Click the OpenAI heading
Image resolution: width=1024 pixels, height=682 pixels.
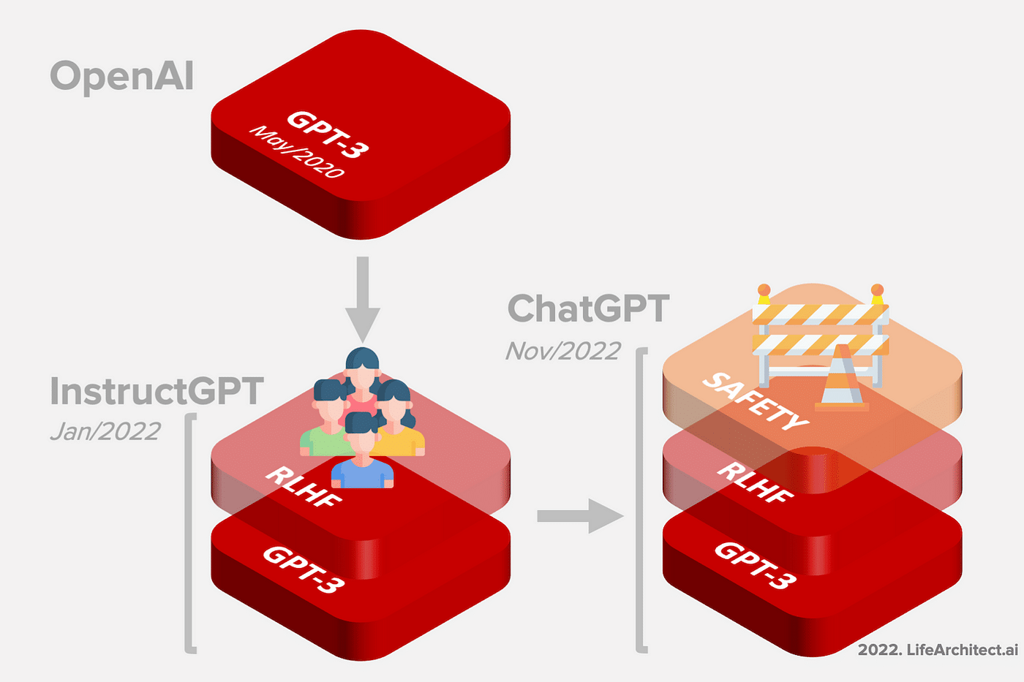coord(121,76)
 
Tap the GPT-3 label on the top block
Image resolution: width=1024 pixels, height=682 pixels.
coord(327,134)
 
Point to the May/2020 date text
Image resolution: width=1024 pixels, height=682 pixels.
coord(296,152)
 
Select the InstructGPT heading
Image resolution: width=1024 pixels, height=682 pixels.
coord(157,391)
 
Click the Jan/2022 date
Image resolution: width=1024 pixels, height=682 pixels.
coord(105,431)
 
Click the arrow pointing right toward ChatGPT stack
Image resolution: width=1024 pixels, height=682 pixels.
coord(579,516)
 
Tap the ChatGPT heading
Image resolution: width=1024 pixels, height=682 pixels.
coord(588,308)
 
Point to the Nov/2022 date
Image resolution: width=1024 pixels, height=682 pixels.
coord(563,352)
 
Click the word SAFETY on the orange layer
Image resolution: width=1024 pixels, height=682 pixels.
coord(755,401)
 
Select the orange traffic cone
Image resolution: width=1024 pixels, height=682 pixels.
coord(841,378)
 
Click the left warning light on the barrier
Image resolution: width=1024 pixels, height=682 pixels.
coord(764,293)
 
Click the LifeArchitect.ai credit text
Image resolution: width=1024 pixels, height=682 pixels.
coord(937,649)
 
